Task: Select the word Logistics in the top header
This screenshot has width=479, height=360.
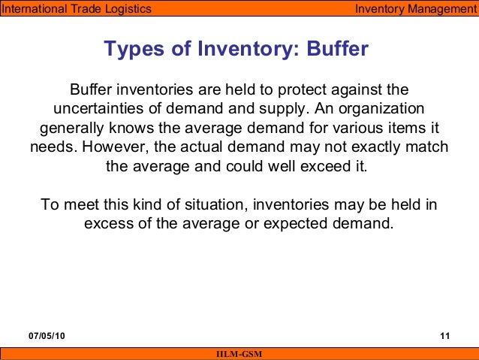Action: [126, 9]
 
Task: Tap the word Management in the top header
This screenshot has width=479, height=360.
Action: [435, 9]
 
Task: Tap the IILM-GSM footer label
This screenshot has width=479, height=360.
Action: [239, 354]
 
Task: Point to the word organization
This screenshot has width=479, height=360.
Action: [380, 107]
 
